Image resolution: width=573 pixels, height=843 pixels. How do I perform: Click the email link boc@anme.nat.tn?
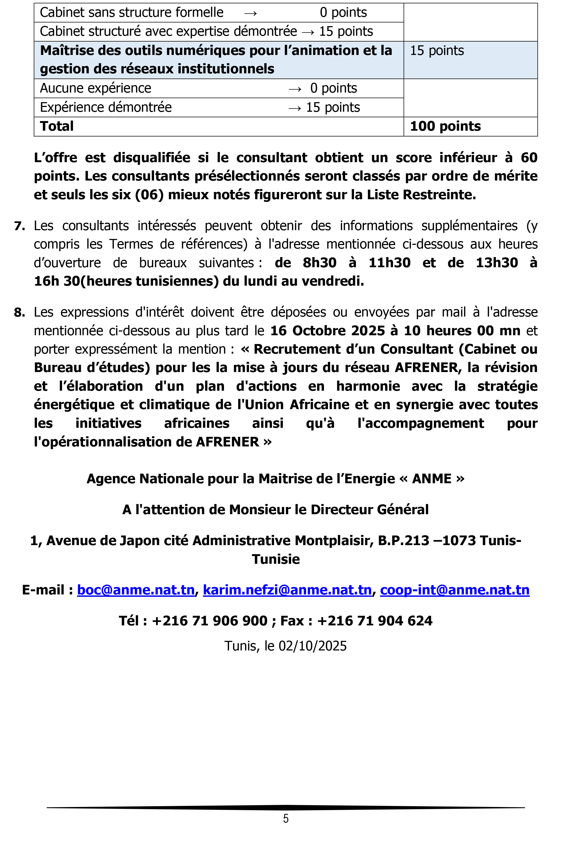pyautogui.click(x=136, y=590)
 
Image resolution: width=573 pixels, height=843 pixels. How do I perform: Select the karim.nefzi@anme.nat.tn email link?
pyautogui.click(x=287, y=590)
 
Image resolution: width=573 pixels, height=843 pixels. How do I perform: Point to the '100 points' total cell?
pyautogui.click(x=445, y=126)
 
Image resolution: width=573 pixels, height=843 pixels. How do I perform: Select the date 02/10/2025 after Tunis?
pyautogui.click(x=312, y=646)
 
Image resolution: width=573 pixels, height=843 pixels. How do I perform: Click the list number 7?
pyautogui.click(x=19, y=226)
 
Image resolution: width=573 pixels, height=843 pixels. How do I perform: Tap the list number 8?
pyautogui.click(x=19, y=312)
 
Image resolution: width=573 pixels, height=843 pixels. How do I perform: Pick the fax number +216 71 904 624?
pyautogui.click(x=375, y=621)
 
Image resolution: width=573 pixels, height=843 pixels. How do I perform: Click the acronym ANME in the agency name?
pyautogui.click(x=432, y=479)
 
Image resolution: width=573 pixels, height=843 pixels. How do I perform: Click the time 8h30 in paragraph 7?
pyautogui.click(x=319, y=263)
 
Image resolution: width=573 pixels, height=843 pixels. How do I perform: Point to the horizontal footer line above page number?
pyautogui.click(x=286, y=808)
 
